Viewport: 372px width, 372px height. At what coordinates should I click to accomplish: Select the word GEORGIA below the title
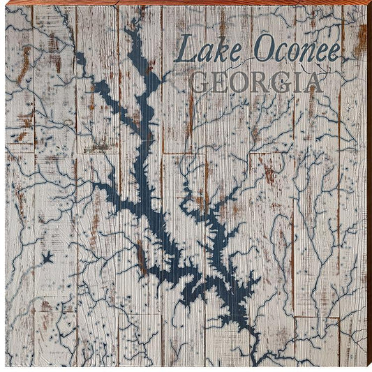click(x=257, y=83)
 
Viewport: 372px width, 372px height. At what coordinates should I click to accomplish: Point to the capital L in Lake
click(x=183, y=50)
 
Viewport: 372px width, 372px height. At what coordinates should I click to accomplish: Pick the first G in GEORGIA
click(x=200, y=83)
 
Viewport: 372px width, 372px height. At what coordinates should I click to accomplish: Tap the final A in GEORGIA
click(x=313, y=83)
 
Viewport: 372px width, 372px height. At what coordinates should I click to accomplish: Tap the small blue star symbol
click(x=47, y=258)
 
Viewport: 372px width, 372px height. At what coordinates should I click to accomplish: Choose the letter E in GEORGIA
click(x=218, y=83)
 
